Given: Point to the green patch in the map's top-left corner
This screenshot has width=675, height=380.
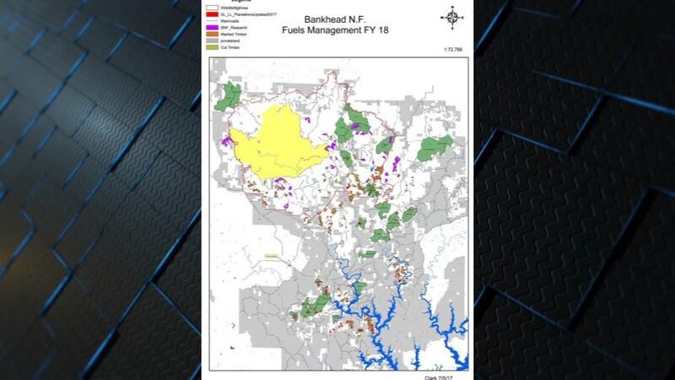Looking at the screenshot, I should pos(224,97).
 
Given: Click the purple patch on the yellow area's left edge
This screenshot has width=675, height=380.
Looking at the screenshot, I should pos(227,141).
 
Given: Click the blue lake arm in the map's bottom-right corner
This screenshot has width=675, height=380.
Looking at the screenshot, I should pos(456,359).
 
